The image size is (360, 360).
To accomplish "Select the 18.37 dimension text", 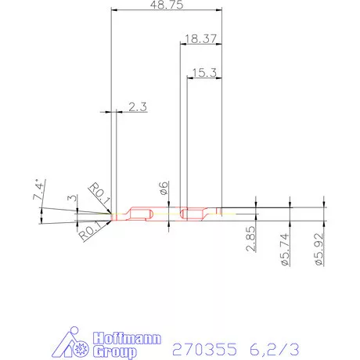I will [200, 38].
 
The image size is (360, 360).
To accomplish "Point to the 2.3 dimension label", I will [138, 107].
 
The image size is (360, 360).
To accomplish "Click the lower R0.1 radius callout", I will [88, 229].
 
